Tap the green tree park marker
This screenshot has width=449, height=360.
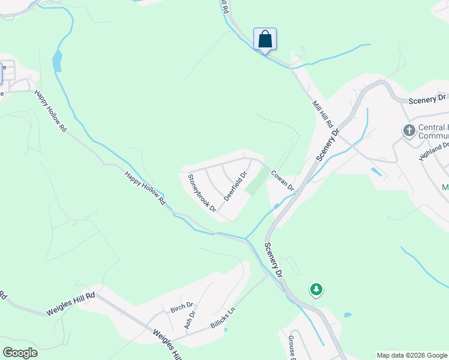(x=316, y=290)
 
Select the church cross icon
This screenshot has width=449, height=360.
(x=409, y=130)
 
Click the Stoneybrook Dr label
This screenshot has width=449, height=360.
(x=202, y=193)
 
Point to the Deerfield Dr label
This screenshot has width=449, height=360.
(x=236, y=187)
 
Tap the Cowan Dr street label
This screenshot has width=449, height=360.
(x=282, y=181)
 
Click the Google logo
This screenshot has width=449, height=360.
(x=20, y=353)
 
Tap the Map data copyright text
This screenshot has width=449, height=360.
(x=412, y=355)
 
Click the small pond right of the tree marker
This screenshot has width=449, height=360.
(x=348, y=314)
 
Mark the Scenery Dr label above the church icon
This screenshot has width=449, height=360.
(x=427, y=98)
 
